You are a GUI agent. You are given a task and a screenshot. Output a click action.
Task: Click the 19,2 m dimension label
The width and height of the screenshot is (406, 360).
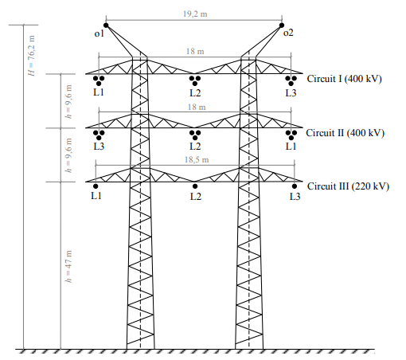click(x=193, y=14)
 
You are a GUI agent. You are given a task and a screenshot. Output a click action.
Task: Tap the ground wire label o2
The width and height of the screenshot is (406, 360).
click(x=288, y=33)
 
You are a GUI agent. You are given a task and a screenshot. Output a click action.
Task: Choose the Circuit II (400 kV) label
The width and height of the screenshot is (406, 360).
click(x=345, y=132)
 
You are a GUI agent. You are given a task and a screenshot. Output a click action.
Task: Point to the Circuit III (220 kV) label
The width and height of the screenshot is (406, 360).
click(x=348, y=186)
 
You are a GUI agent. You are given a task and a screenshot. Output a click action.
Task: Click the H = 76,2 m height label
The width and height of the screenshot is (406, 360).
click(x=32, y=57)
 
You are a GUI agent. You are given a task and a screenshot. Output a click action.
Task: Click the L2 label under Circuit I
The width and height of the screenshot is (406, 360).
click(x=195, y=92)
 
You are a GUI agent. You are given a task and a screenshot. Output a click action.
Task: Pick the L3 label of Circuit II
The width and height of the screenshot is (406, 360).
click(x=99, y=146)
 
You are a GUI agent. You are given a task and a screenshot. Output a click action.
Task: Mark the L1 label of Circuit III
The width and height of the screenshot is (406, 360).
click(x=96, y=196)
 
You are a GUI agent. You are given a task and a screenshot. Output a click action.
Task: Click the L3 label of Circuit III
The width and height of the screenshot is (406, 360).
click(x=295, y=196)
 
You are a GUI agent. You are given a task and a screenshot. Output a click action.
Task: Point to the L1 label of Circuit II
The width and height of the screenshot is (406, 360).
click(x=291, y=146)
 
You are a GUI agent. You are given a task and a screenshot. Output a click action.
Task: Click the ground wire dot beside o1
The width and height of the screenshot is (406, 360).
click(x=106, y=23)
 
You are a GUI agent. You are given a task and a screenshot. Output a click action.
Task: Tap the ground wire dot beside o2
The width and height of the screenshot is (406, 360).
click(x=283, y=24)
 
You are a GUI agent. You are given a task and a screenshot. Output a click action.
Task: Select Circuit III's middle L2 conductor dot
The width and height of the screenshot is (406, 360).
click(x=195, y=186)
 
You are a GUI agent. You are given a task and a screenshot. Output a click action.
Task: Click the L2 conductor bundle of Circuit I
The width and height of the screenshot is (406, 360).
click(x=195, y=79)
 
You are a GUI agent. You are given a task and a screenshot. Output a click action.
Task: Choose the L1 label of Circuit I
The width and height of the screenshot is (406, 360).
click(x=99, y=92)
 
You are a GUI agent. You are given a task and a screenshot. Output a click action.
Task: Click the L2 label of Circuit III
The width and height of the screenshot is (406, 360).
click(x=195, y=196)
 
